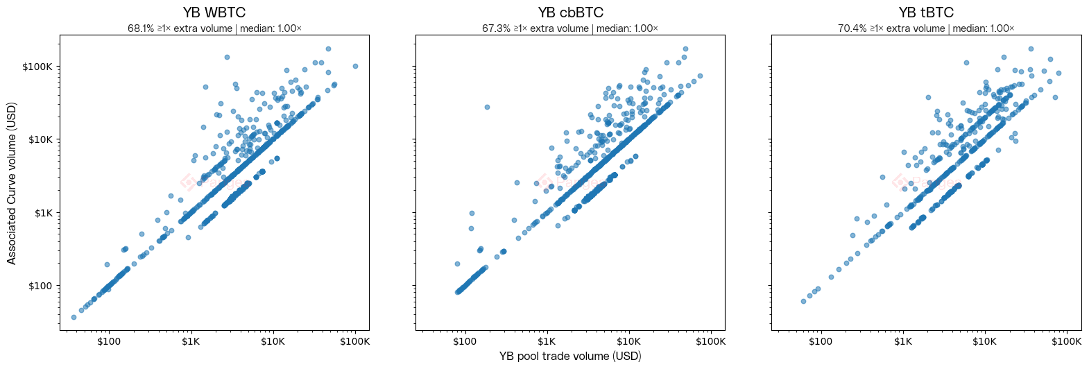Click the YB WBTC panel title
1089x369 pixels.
[x=214, y=12]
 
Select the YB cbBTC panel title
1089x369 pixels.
[x=570, y=12]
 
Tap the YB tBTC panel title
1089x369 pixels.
[x=926, y=12]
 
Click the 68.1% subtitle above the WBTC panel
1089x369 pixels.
[x=214, y=28]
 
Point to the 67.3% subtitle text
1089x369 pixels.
[x=570, y=28]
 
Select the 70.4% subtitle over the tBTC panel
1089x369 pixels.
[x=926, y=28]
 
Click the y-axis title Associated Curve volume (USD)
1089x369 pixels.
[x=12, y=183]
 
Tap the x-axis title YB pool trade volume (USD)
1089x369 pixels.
[x=570, y=356]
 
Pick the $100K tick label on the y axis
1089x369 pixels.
[x=37, y=67]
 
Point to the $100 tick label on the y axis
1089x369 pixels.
[x=41, y=286]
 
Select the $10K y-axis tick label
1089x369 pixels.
[x=40, y=139]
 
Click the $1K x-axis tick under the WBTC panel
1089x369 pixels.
[x=191, y=341]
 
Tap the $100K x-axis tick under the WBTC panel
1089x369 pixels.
[x=354, y=341]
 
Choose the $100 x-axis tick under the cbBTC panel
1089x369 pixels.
[x=465, y=341]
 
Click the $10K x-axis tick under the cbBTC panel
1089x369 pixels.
[x=628, y=341]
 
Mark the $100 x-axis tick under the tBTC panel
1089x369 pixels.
[x=821, y=341]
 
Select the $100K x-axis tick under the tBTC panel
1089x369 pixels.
[x=1066, y=341]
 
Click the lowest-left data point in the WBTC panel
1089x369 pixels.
[x=74, y=317]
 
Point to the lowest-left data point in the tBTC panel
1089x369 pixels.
[x=803, y=301]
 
